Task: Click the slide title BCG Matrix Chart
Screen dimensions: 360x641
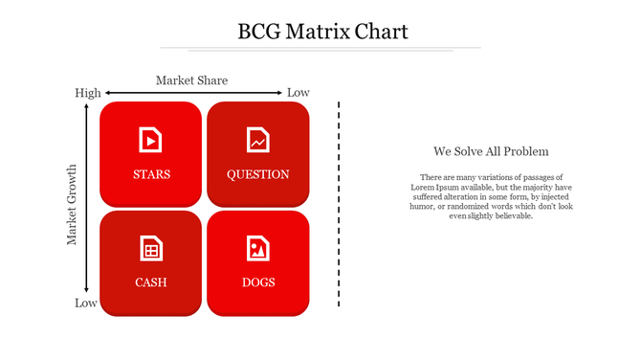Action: (322, 32)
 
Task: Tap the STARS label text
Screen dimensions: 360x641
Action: (151, 174)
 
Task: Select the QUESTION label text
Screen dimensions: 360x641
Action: (257, 174)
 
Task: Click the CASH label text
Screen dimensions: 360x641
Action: (151, 282)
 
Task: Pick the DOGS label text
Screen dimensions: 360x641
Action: (258, 282)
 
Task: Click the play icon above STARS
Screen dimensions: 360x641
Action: (150, 140)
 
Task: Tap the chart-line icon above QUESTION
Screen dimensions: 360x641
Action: (258, 140)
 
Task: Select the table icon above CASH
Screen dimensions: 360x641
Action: (150, 248)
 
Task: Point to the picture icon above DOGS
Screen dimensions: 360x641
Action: (258, 248)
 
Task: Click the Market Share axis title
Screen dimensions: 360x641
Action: (191, 80)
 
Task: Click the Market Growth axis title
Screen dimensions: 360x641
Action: (73, 205)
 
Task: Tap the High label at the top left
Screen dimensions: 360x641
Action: (87, 93)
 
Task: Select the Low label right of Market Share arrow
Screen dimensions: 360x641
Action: (298, 93)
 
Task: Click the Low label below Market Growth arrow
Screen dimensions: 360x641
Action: (86, 304)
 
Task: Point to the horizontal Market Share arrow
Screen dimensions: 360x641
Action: (191, 93)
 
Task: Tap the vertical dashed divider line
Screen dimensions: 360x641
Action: (339, 203)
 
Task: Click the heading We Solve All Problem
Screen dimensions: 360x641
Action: (490, 151)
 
